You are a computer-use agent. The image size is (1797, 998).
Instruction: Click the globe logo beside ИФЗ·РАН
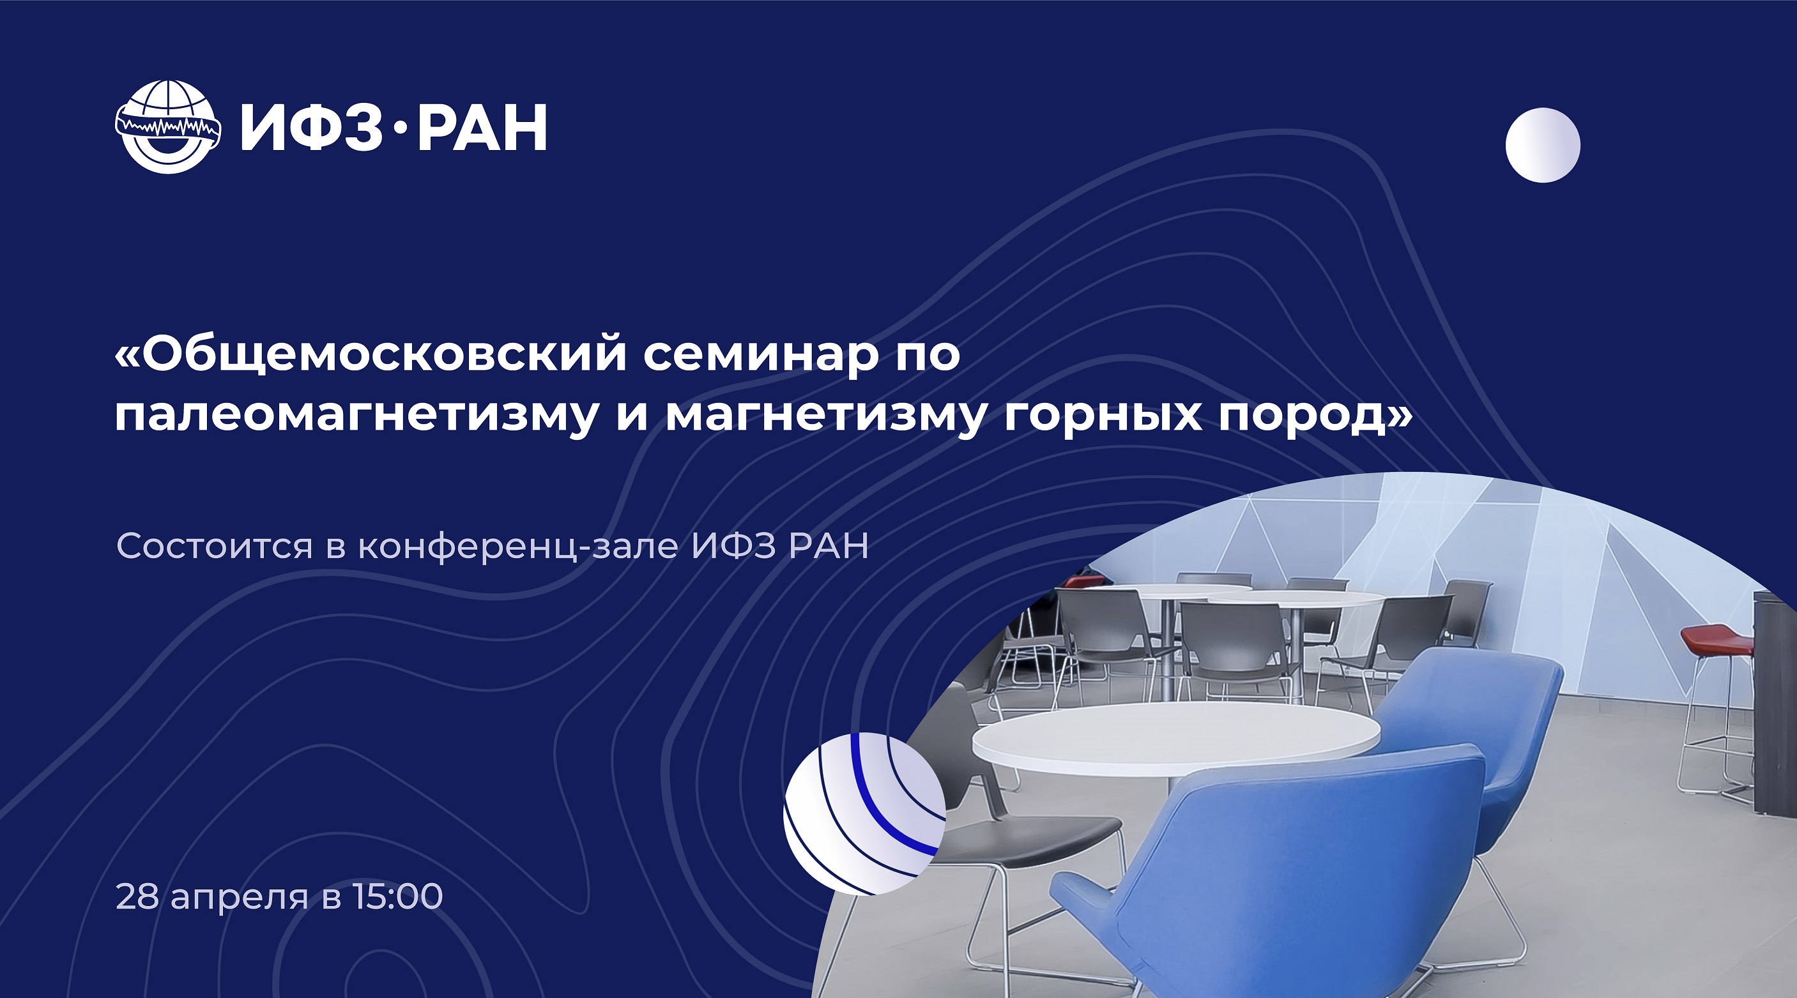click(168, 127)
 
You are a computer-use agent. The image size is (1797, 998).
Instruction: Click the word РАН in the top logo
click(481, 128)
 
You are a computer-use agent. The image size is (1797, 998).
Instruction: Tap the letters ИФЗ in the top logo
click(312, 128)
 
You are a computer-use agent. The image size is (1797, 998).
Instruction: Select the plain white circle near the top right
click(1542, 145)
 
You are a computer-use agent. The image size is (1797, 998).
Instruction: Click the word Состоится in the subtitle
click(214, 545)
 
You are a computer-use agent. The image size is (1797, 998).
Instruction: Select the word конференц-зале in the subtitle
click(518, 547)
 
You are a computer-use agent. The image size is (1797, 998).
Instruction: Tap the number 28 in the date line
click(137, 896)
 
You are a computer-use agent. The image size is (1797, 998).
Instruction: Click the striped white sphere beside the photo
click(864, 813)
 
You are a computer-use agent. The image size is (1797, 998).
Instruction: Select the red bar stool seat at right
click(1716, 640)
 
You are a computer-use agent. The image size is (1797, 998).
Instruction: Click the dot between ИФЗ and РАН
click(400, 129)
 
